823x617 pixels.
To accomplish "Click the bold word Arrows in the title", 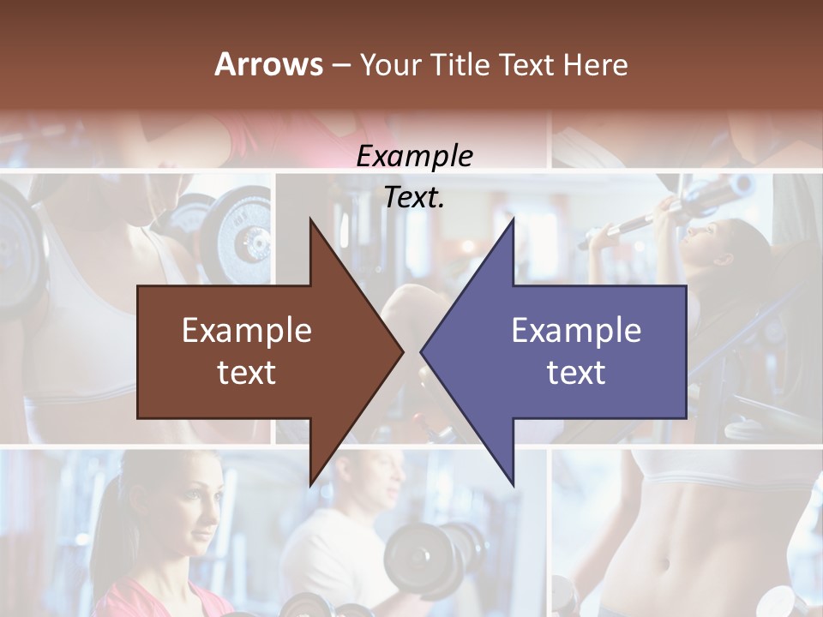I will coord(268,64).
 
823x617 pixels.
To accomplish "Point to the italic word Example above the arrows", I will coord(414,156).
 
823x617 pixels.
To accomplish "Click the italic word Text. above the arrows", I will coord(414,197).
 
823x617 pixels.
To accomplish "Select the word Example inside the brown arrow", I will coord(247,330).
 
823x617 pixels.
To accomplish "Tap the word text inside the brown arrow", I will coord(247,372).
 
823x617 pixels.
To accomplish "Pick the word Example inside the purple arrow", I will coord(576,330).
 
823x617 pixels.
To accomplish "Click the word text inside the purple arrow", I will coord(576,372).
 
